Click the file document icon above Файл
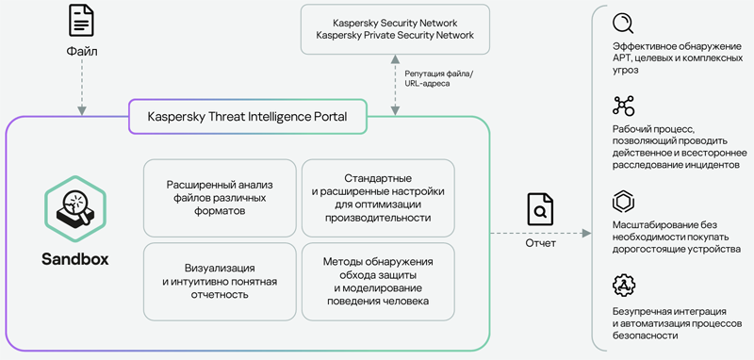click(81, 20)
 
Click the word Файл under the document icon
click(81, 52)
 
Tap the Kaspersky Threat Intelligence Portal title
click(248, 118)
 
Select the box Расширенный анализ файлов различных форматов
click(219, 198)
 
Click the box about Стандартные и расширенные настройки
click(378, 198)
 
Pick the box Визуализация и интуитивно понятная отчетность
click(219, 281)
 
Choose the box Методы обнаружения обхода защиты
click(378, 281)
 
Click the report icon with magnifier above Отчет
click(540, 210)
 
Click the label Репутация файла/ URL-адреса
click(439, 77)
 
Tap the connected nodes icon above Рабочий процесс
click(624, 105)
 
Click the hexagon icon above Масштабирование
click(624, 202)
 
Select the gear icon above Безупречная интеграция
click(624, 285)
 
